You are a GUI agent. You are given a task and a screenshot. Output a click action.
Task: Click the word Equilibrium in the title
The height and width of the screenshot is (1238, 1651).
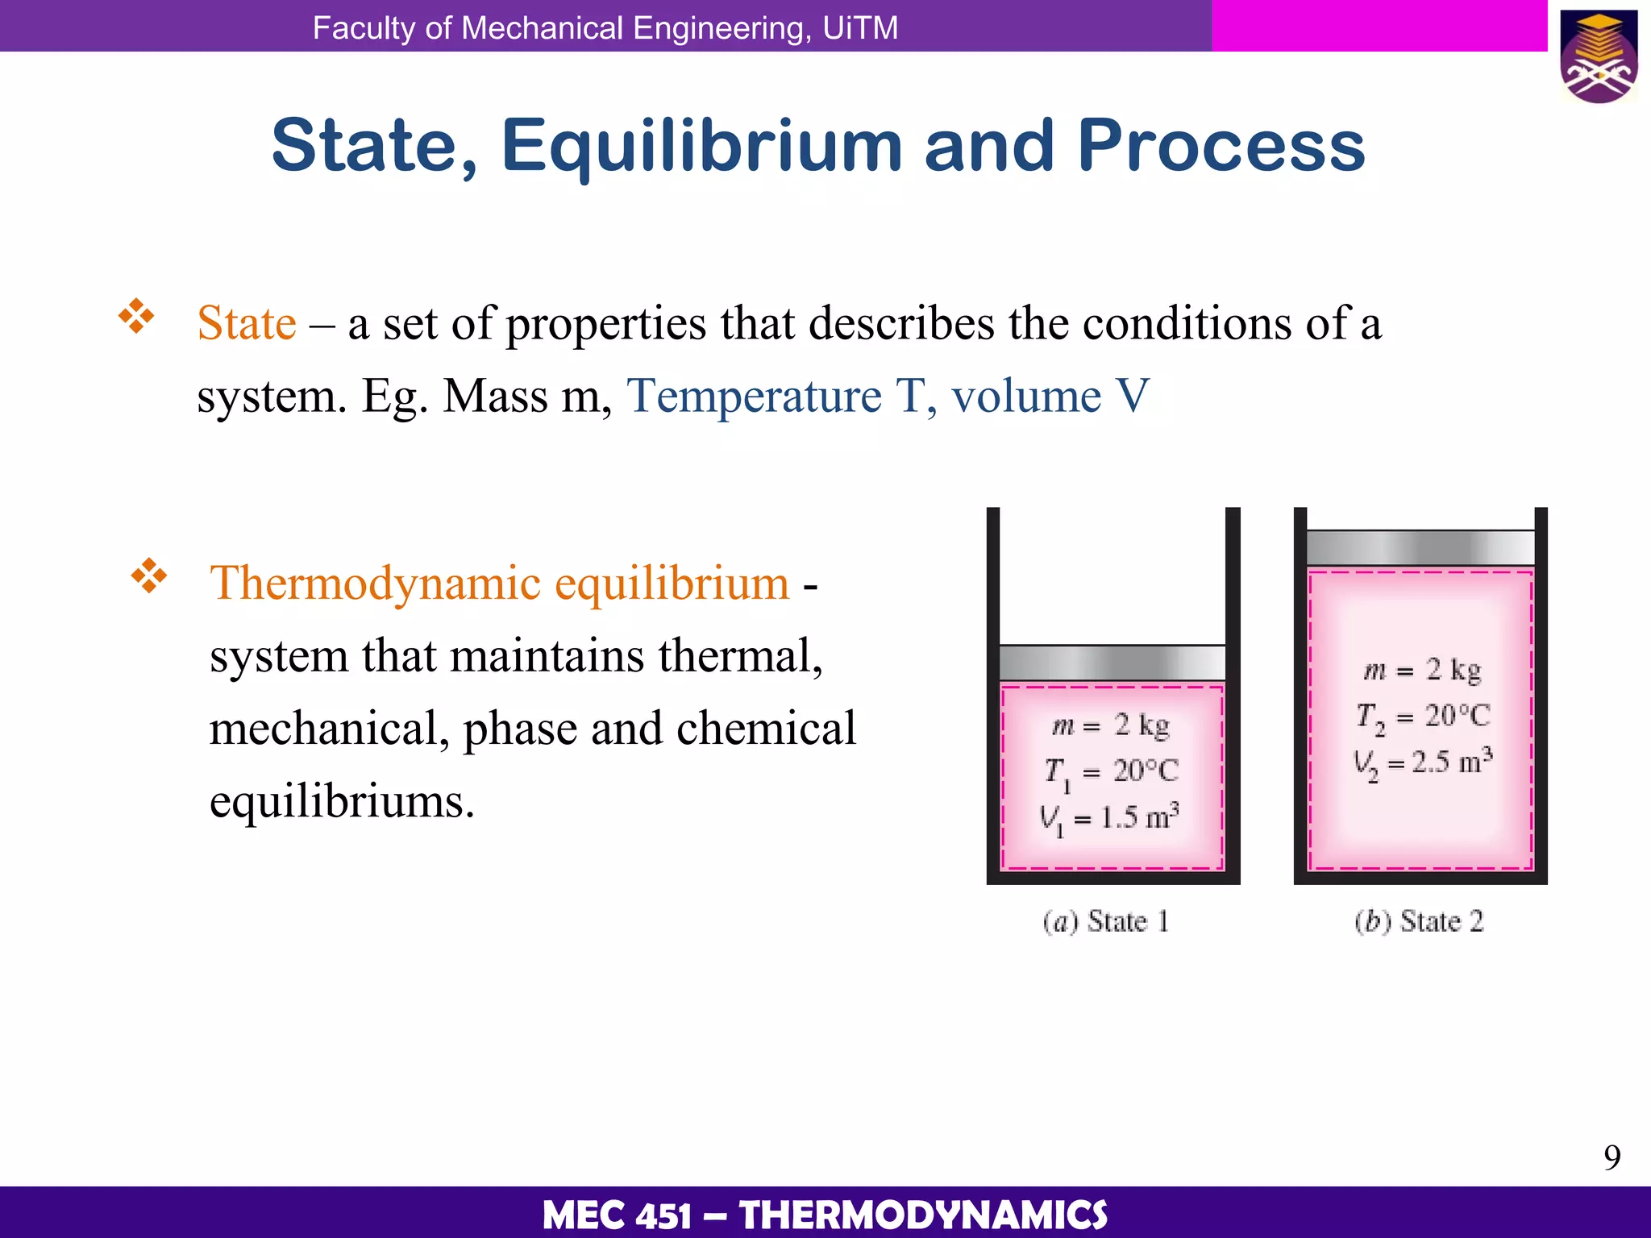[701, 147]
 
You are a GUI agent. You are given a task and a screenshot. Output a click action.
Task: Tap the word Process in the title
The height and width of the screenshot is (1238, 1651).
[1221, 147]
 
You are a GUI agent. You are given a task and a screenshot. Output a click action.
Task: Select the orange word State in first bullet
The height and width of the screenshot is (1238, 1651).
[247, 324]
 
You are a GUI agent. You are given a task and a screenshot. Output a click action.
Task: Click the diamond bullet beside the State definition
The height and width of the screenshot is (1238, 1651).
[136, 317]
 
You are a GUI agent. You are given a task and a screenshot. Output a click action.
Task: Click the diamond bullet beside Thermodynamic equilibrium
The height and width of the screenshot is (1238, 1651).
[149, 575]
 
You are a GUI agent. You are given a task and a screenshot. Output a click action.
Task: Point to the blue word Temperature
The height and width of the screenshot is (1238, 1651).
[754, 397]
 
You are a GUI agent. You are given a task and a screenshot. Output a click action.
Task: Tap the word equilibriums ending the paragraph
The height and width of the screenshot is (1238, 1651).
[342, 802]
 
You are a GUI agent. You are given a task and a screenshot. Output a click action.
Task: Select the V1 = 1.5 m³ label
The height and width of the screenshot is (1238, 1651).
[1110, 819]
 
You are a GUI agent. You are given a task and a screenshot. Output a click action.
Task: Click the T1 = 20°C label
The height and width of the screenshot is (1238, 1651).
[1112, 772]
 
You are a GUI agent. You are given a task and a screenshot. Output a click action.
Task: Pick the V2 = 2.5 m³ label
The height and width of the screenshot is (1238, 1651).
[1423, 762]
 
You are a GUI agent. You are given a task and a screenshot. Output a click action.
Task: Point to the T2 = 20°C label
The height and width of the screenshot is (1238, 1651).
[1423, 716]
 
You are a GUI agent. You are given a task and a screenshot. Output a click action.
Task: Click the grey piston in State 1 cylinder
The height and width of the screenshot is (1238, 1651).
[1112, 663]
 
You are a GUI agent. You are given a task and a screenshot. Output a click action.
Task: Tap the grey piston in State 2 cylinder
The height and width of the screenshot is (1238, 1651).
[1420, 548]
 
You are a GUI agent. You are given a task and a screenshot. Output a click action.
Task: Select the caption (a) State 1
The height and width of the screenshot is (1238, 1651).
[1106, 921]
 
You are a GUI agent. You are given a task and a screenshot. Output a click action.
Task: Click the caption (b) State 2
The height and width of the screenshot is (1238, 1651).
[1419, 921]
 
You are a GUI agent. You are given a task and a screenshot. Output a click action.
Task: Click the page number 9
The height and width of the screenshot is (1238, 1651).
[1611, 1158]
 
